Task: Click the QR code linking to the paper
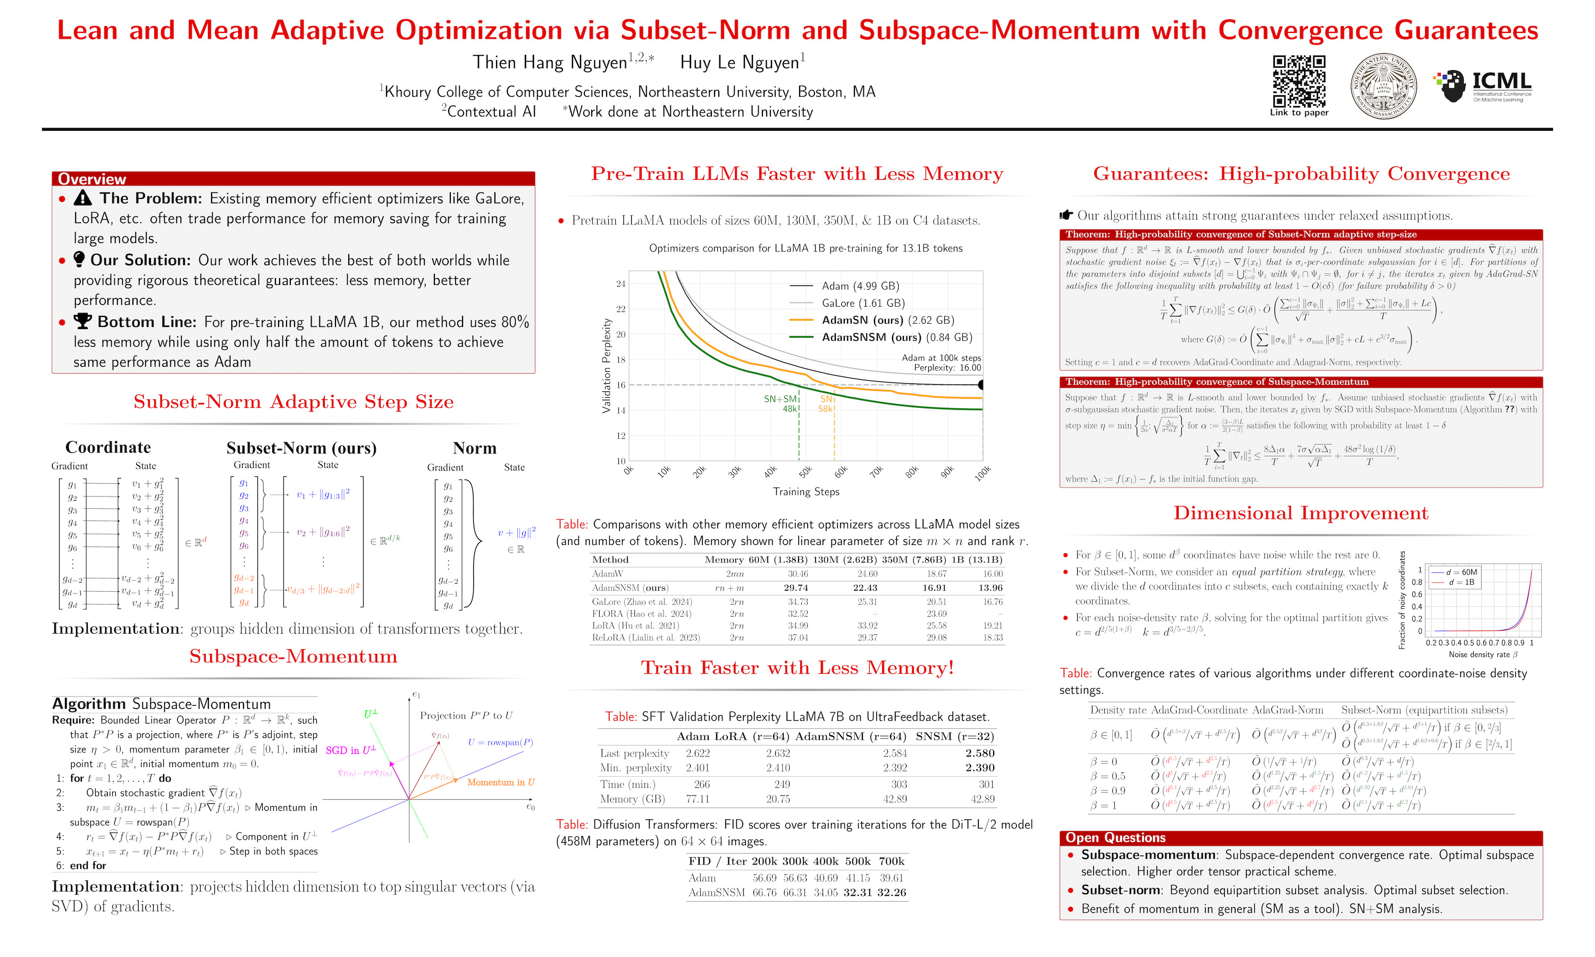(1298, 81)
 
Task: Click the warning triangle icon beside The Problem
(82, 198)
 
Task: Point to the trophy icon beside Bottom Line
(82, 321)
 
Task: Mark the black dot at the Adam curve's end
(982, 385)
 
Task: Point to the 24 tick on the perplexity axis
(620, 284)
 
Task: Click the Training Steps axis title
(806, 492)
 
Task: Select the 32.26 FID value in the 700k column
(892, 893)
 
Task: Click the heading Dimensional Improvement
(1300, 513)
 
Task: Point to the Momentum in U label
(500, 782)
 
